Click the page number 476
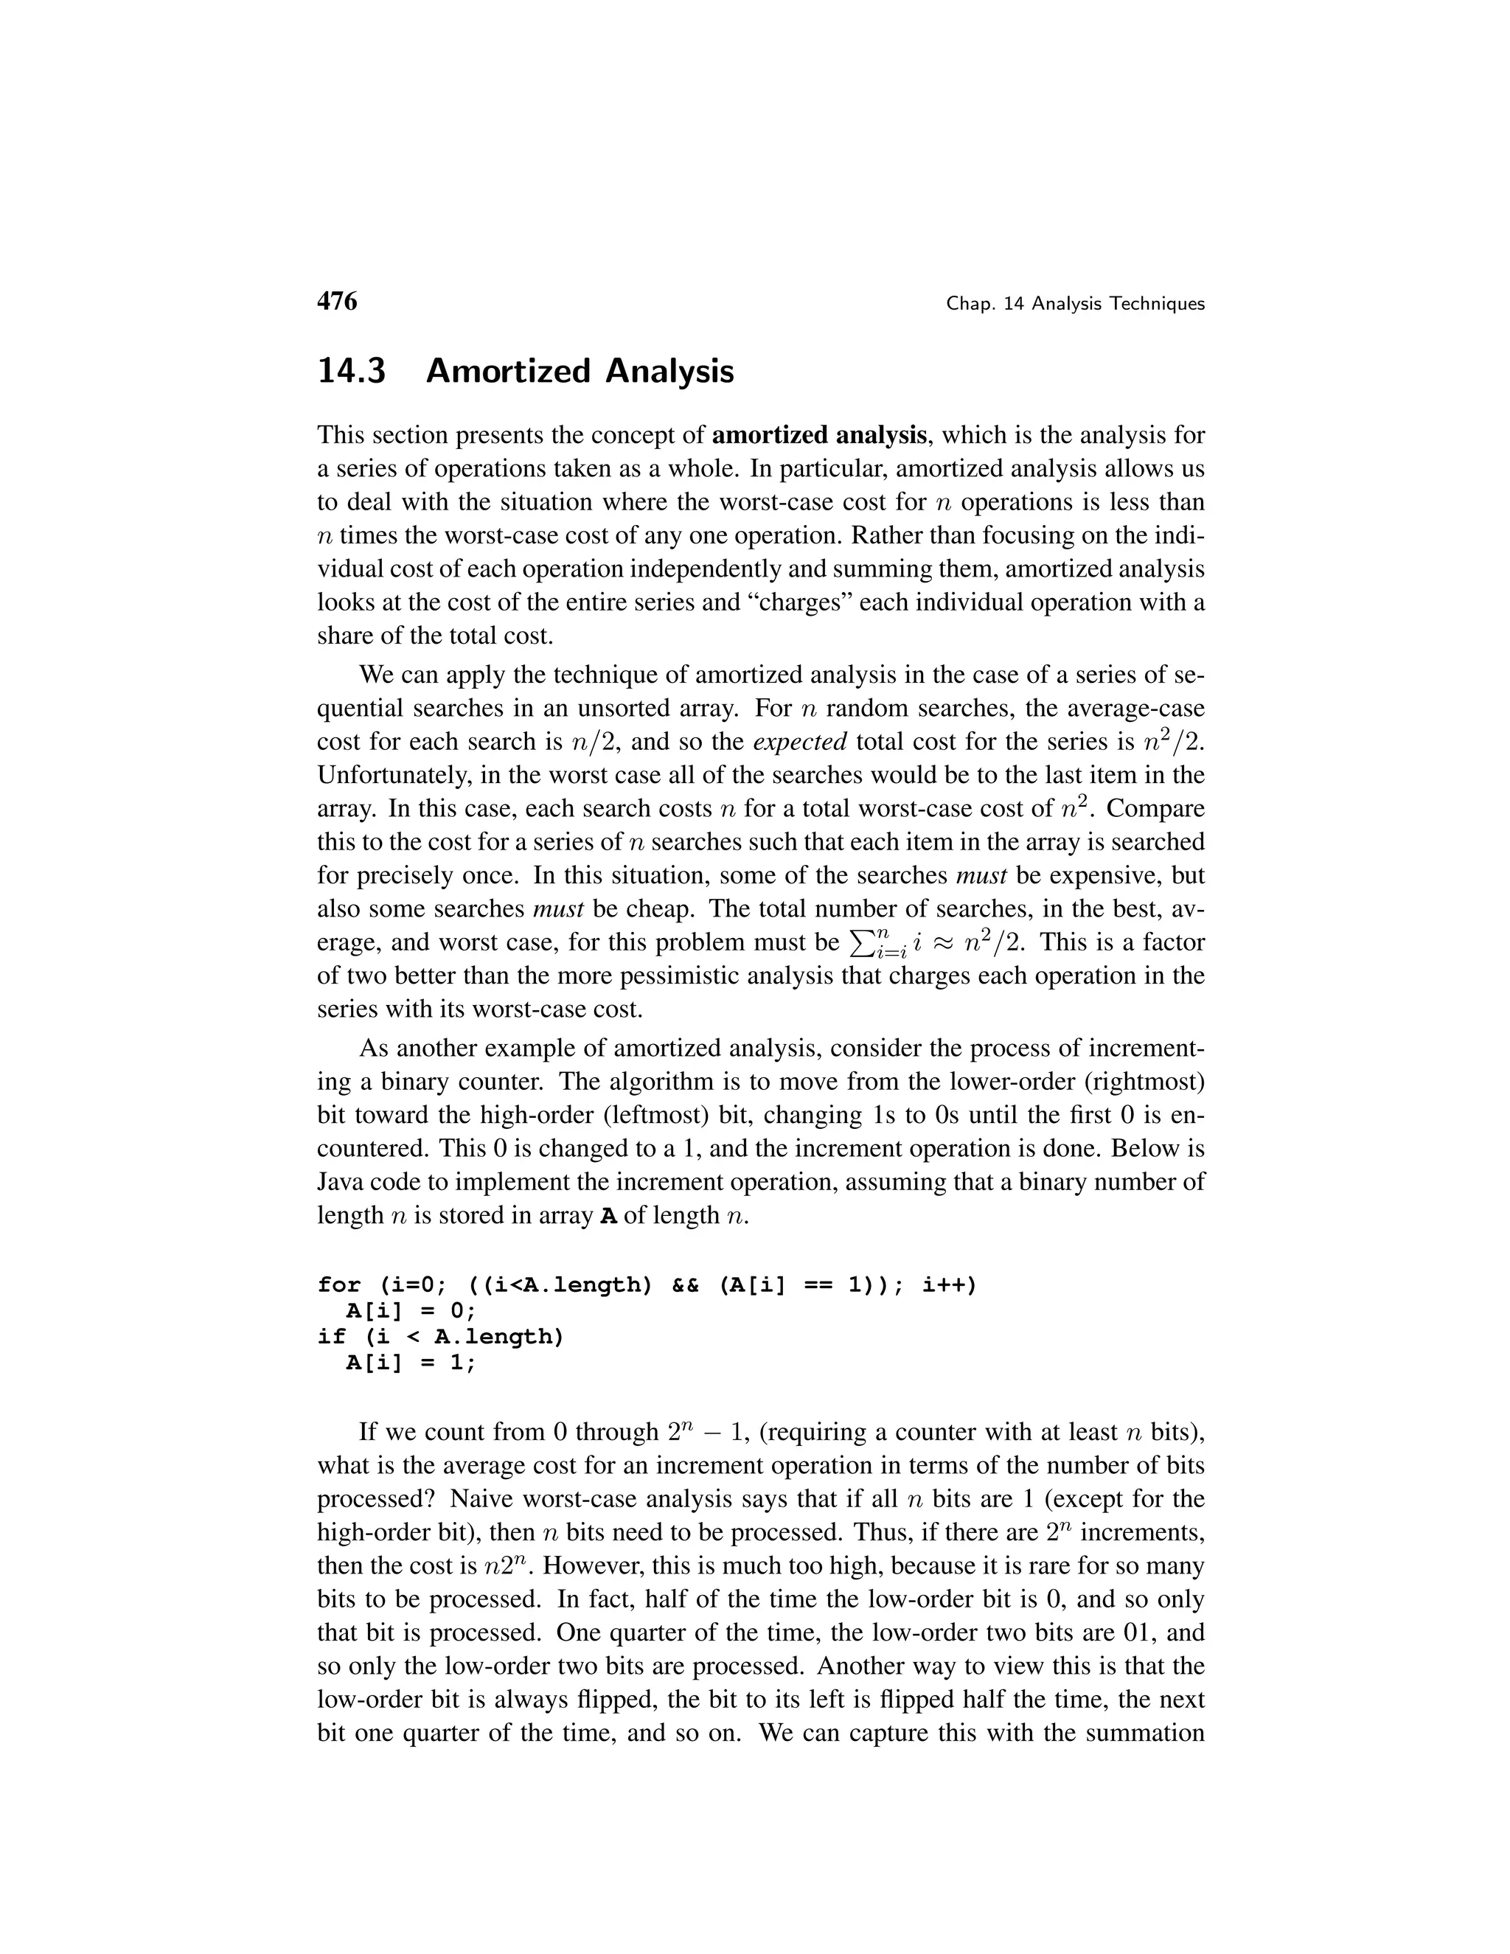click(336, 302)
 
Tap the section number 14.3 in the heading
click(352, 370)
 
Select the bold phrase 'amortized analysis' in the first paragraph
click(818, 436)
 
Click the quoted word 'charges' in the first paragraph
click(802, 602)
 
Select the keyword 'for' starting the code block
click(339, 1286)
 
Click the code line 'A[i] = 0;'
click(411, 1312)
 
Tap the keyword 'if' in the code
click(331, 1338)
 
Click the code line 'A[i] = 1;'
click(411, 1363)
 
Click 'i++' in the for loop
click(949, 1286)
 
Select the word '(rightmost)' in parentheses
click(1145, 1082)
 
